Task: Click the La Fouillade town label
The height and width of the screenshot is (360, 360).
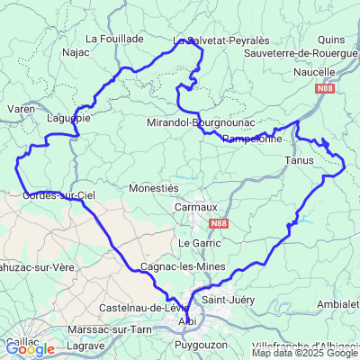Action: [x=114, y=39]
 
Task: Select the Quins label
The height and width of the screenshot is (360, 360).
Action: [x=331, y=40]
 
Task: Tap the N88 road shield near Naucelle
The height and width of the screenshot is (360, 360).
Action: [x=327, y=90]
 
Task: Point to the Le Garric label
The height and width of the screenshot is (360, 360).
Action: [x=199, y=243]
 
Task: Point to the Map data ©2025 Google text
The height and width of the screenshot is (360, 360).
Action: [x=305, y=353]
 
